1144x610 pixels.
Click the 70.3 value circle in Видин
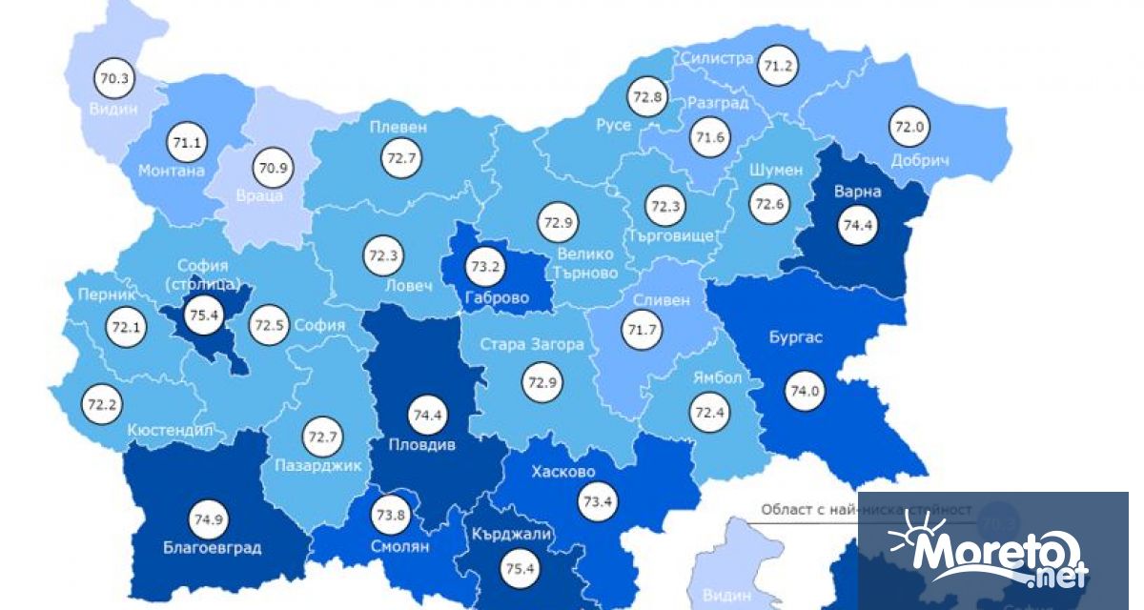click(113, 78)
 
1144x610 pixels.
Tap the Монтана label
click(172, 171)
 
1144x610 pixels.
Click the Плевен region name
click(400, 127)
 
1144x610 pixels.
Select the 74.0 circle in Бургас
click(804, 391)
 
